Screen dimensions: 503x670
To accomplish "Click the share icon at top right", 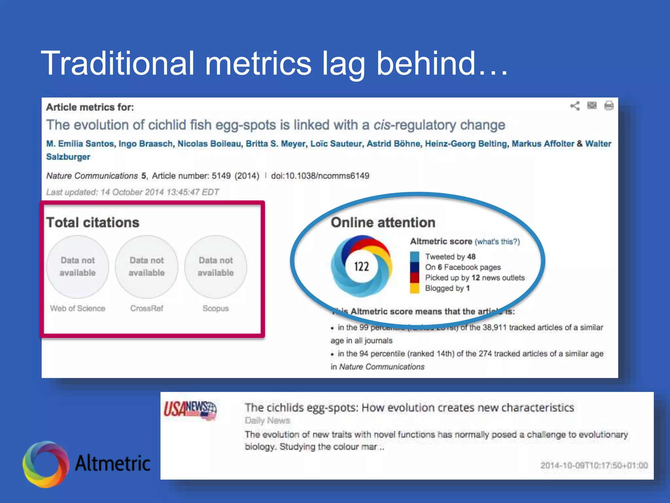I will coord(575,106).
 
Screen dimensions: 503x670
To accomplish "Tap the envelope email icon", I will coord(592,105).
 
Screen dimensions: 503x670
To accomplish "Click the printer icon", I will coord(609,106).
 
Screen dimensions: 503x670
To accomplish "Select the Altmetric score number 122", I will coord(361,267).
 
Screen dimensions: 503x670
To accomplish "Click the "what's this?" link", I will coord(497,242).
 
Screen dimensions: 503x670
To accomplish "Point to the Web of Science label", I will coord(78,308).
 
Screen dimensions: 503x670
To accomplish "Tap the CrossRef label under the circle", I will coord(147,308).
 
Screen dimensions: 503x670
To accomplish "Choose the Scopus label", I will coord(216,308).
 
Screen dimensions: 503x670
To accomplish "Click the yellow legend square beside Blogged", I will coord(414,289).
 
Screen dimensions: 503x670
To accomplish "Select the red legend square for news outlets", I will coord(414,278).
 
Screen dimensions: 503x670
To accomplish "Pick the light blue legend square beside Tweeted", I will coord(414,256).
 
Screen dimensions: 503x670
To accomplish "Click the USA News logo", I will coord(190,409).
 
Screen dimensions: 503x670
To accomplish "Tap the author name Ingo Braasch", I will coord(146,144).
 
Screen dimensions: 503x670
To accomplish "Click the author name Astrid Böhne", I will coord(393,144).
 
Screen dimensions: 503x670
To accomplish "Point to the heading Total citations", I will coord(93,223).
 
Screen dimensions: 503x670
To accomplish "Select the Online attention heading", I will coord(383,223).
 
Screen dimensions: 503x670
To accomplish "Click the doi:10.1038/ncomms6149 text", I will coord(320,176).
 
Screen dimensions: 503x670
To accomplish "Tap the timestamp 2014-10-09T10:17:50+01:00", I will coord(594,465).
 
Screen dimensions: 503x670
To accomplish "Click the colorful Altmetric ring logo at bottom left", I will coord(46,464).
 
